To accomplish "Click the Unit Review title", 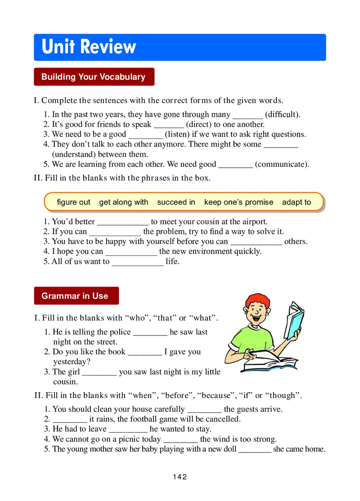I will click(x=89, y=47).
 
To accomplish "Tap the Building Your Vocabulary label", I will click(x=94, y=77).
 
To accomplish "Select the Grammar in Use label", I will click(x=75, y=296).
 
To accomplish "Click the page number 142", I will click(x=180, y=477).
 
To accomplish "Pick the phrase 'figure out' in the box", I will click(x=73, y=202).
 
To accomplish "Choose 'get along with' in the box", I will click(x=123, y=202).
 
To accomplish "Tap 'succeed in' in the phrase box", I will click(x=176, y=202).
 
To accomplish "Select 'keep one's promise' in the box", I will click(x=238, y=202).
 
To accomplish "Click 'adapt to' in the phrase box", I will click(x=297, y=202).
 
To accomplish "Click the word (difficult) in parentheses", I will click(x=283, y=115).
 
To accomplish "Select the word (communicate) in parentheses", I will click(x=282, y=164).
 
